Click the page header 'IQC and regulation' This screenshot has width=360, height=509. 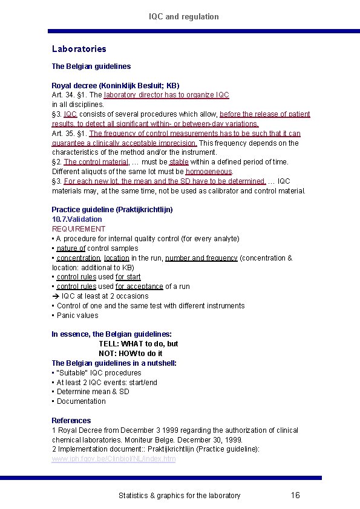[x=184, y=16]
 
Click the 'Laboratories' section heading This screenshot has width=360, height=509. [x=79, y=49]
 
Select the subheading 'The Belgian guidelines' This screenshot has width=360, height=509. [x=91, y=66]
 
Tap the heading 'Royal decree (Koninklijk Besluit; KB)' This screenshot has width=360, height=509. [x=115, y=85]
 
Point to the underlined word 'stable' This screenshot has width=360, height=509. [x=178, y=162]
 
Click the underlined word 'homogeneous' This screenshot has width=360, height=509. [x=209, y=172]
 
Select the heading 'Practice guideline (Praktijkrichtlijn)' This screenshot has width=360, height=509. [x=112, y=210]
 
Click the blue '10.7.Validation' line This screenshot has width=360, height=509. [x=77, y=219]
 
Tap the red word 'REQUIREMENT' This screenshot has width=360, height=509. [x=79, y=229]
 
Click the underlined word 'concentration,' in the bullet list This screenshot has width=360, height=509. [x=79, y=258]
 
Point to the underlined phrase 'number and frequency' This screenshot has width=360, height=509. [x=201, y=258]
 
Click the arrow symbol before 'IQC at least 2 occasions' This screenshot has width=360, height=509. [x=55, y=296]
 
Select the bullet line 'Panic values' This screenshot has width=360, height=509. [x=77, y=316]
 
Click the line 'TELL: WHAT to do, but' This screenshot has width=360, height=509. [x=139, y=344]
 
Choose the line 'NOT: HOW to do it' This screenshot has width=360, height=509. [x=131, y=354]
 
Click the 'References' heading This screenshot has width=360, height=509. [x=71, y=421]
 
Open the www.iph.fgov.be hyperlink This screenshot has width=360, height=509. [x=114, y=459]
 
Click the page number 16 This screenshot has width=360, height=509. [x=295, y=496]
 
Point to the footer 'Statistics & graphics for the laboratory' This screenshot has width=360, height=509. [x=179, y=496]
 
